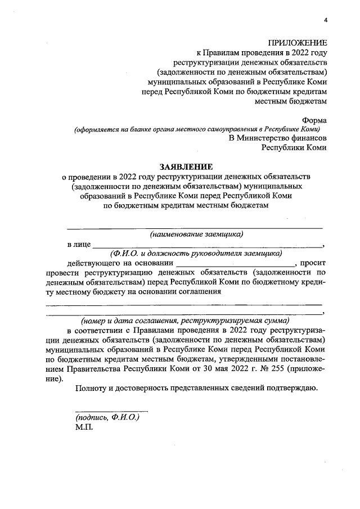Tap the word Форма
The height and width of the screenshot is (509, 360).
[x=314, y=120]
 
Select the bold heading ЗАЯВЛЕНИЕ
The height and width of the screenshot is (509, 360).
[x=187, y=166]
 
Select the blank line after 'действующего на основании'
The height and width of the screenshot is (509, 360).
[x=235, y=264]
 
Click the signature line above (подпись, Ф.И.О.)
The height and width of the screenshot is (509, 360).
[x=112, y=412]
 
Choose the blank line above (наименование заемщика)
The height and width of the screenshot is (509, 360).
[x=195, y=227]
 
